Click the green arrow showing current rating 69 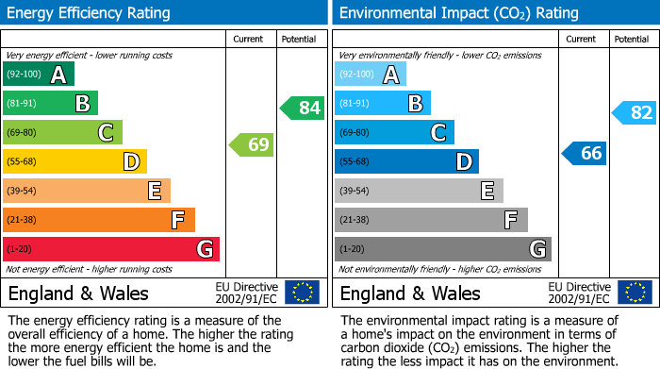251,145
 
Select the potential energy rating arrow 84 302,108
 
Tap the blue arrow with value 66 584,153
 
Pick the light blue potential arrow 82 634,113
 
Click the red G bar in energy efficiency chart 111,249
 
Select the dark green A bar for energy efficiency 39,75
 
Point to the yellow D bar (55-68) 74,161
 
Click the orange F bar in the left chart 99,220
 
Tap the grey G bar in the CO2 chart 442,249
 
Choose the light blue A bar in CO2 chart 371,75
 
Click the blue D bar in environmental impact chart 406,161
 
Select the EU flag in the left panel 302,293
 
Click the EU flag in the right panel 634,293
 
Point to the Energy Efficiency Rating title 90,13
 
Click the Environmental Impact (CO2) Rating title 458,13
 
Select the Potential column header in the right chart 632,39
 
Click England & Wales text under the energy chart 78,294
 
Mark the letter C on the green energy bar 106,133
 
